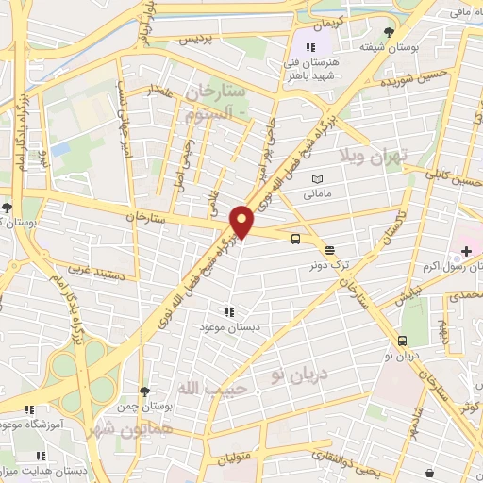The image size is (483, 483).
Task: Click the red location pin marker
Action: tap(242, 222)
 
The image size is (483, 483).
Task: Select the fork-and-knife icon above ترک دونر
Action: tap(329, 250)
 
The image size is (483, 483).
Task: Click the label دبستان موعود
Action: tap(222, 326)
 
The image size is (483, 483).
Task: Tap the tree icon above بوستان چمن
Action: tap(144, 390)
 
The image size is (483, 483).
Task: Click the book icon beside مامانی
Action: tap(318, 179)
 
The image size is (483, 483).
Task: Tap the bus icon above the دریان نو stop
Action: tap(404, 341)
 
